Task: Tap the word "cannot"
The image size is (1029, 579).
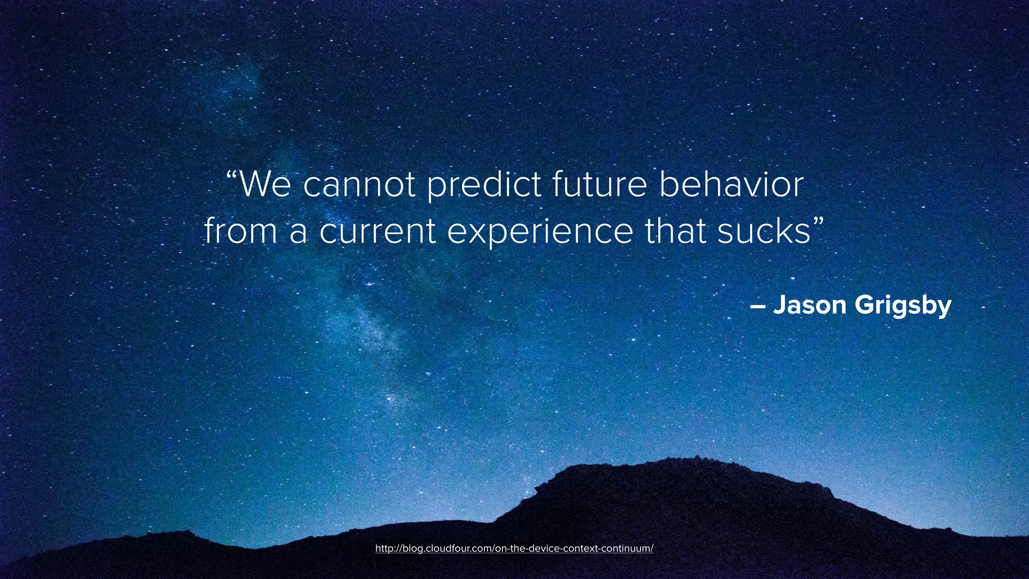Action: [x=359, y=184]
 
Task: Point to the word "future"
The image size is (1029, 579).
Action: [x=600, y=184]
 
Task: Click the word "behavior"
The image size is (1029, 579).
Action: [x=731, y=184]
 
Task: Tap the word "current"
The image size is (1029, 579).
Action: [x=377, y=232]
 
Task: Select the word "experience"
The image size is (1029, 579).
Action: [x=540, y=233]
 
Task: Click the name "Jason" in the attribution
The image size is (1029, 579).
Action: [x=809, y=305]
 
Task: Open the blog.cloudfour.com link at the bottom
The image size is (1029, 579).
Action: [x=514, y=548]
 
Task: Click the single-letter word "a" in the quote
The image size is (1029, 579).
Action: [x=298, y=232]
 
